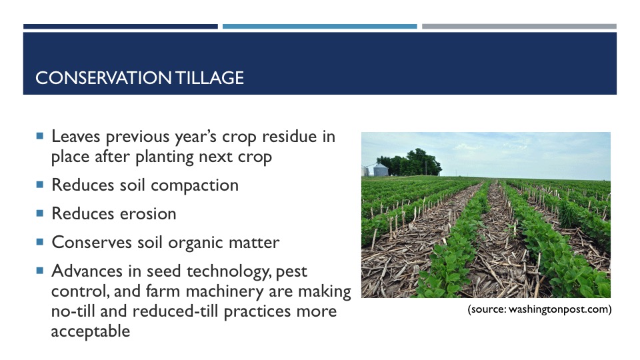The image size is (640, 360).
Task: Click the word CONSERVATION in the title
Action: click(x=103, y=77)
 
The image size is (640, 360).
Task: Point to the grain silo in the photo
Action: click(x=381, y=169)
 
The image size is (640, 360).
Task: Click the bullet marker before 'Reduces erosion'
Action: click(x=39, y=213)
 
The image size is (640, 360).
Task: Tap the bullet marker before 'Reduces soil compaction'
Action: click(x=39, y=185)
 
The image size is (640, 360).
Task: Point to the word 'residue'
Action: click(x=289, y=136)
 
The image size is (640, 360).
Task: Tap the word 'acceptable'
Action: click(x=91, y=331)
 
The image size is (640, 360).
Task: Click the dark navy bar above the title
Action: click(x=121, y=27)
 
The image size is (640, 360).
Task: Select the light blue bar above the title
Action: click(x=319, y=27)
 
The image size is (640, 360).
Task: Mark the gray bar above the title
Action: click(x=519, y=27)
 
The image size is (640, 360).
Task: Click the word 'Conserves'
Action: click(x=92, y=243)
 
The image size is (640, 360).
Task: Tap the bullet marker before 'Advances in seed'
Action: click(x=39, y=270)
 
